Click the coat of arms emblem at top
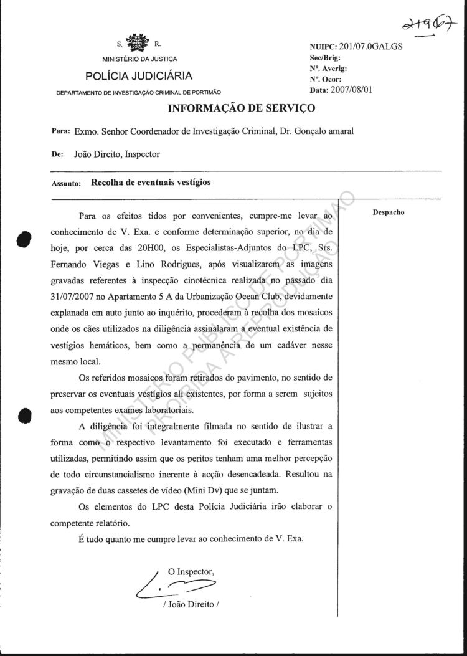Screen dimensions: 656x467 click(x=139, y=43)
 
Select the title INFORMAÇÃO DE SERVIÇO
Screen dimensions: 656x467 click(x=242, y=108)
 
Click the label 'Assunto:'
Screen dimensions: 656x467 click(x=64, y=184)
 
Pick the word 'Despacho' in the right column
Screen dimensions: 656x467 click(x=389, y=212)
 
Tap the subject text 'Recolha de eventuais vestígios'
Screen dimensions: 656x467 click(x=151, y=183)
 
